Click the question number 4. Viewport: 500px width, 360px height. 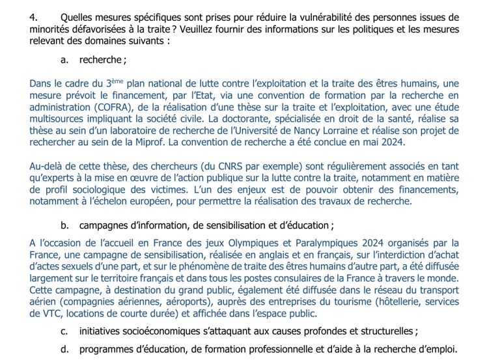[x=34, y=17]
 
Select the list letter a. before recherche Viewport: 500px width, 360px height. [x=65, y=60]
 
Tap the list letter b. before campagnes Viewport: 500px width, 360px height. [x=65, y=225]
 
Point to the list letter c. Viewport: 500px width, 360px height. [x=65, y=331]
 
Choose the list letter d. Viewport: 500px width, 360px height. [x=65, y=349]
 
